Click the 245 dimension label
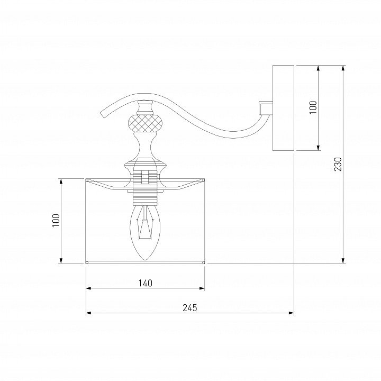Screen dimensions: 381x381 190,308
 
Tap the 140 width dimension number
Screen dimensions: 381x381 146,283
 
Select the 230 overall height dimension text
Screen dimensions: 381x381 338,164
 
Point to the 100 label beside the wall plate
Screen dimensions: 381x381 313,107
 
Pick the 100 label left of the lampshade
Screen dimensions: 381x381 56,221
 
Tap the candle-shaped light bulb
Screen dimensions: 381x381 145,232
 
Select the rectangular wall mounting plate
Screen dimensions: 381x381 283,108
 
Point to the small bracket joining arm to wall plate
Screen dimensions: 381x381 266,108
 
